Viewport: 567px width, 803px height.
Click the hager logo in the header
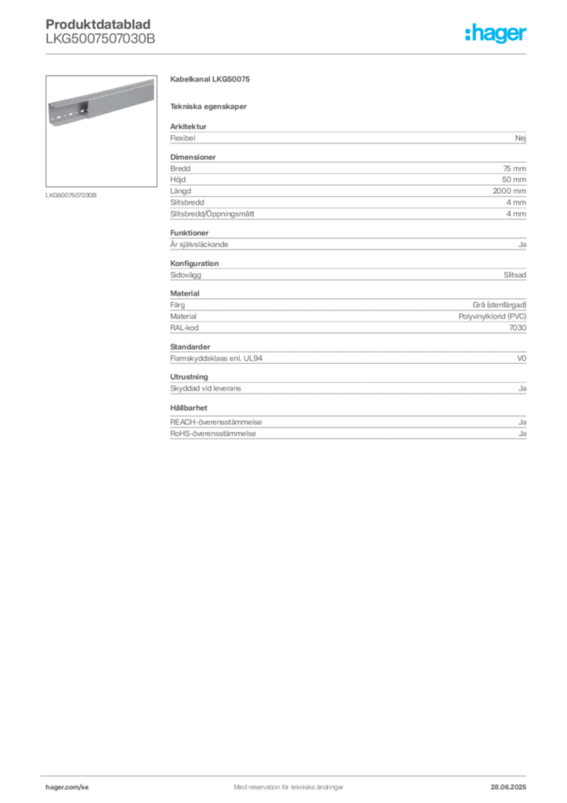495,34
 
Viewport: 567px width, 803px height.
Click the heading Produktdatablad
98,24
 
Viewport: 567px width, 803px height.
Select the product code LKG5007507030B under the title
100,39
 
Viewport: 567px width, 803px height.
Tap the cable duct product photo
101,131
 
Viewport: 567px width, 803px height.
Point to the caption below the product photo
71,195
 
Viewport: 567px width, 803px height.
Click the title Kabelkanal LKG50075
210,79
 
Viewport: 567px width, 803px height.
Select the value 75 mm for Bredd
515,169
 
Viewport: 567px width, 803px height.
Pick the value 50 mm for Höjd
514,180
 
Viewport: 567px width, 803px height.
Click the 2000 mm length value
509,191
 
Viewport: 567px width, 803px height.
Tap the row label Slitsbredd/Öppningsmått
212,213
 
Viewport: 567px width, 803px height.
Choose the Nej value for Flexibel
521,138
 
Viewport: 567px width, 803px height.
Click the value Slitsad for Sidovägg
515,275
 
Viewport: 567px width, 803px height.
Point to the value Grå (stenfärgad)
499,305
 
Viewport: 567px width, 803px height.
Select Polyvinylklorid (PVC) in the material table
493,317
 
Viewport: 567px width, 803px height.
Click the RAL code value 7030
518,328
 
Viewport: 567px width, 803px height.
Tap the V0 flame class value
522,358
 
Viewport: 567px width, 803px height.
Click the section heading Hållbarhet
189,408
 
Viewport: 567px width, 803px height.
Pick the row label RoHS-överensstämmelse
213,434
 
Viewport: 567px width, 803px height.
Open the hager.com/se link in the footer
67,787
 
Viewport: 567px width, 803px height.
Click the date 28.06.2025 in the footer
508,787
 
